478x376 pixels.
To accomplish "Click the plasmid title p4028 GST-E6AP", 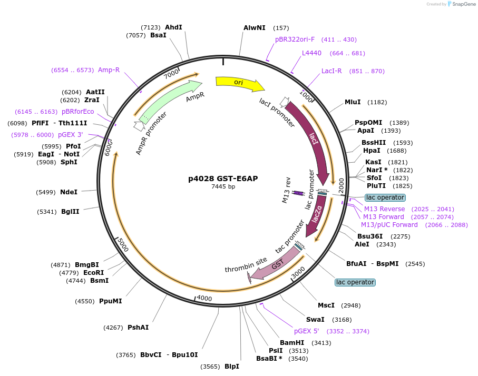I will click(x=223, y=179).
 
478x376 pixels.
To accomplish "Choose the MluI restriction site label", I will click(x=353, y=102).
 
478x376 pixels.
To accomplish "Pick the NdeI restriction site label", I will click(x=69, y=192).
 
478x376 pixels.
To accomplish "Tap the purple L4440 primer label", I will click(x=311, y=53).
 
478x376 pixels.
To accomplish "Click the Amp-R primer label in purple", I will click(x=109, y=70).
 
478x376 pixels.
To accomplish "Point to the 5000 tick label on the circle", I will click(x=122, y=244).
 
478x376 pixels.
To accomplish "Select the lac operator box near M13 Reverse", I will click(x=385, y=197).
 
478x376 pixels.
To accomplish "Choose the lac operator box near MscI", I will click(x=355, y=282).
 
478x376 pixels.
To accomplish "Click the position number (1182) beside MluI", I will click(x=377, y=102).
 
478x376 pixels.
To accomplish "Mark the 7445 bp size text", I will click(x=223, y=186).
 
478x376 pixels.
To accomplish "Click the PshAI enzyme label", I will click(x=138, y=328).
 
